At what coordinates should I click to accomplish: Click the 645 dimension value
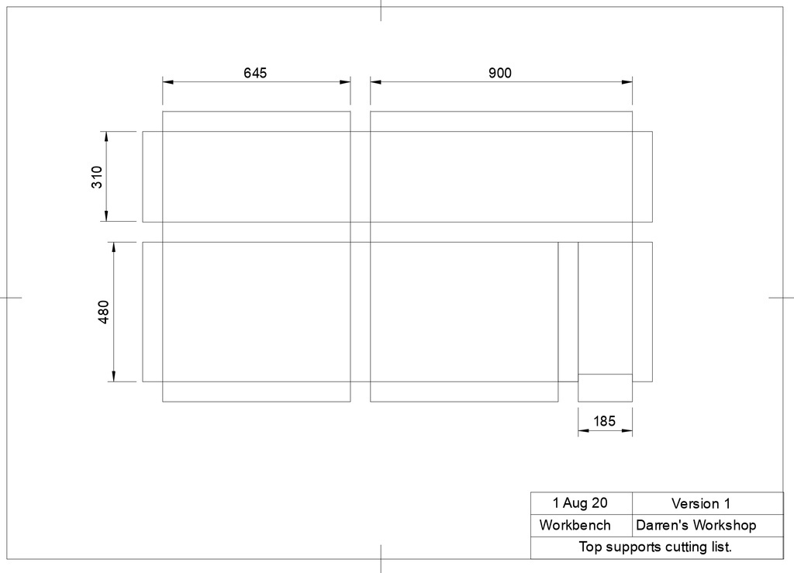[x=255, y=73]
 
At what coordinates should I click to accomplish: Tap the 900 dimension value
[x=500, y=73]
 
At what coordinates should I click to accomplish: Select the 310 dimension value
[x=97, y=177]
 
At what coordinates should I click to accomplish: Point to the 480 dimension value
[x=103, y=312]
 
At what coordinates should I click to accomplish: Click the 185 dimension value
[x=604, y=421]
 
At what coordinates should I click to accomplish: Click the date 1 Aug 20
[x=580, y=502]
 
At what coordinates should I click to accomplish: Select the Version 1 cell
[x=701, y=503]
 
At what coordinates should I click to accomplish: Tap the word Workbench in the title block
[x=575, y=525]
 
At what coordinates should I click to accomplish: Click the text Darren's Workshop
[x=696, y=525]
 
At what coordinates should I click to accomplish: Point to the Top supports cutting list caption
[x=655, y=547]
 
